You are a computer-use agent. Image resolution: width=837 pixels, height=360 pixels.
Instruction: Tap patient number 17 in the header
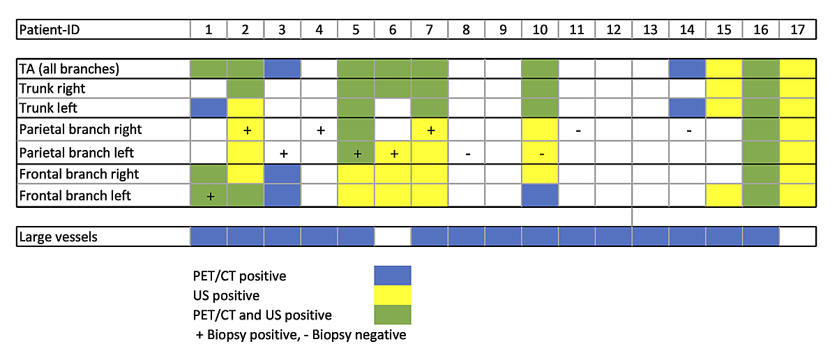click(797, 29)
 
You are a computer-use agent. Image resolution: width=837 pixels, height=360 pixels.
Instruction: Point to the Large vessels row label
click(59, 237)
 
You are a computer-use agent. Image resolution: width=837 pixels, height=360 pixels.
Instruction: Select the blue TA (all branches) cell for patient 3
click(282, 68)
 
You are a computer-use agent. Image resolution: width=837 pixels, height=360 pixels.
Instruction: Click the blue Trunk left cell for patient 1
click(209, 109)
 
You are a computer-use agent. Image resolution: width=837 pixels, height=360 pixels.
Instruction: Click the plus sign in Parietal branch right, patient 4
click(319, 130)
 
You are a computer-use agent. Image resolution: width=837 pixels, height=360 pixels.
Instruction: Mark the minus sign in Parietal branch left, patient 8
click(467, 153)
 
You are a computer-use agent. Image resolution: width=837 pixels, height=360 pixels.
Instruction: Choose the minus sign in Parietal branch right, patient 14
click(688, 130)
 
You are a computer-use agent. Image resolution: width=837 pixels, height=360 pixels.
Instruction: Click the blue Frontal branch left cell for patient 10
click(540, 196)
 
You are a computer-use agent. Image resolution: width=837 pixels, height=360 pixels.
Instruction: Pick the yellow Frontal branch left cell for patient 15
click(724, 196)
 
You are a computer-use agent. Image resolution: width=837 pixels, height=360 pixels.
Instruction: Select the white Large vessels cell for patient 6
click(393, 237)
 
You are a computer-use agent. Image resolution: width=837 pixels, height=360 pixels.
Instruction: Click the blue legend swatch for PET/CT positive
click(393, 275)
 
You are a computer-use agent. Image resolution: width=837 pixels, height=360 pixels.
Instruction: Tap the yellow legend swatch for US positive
click(393, 295)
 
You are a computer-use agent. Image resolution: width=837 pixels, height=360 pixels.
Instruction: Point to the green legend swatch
click(393, 315)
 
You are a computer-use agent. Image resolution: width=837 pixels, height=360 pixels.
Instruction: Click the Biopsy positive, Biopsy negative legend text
click(301, 335)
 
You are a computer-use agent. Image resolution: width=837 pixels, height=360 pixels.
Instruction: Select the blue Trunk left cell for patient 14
click(688, 109)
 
